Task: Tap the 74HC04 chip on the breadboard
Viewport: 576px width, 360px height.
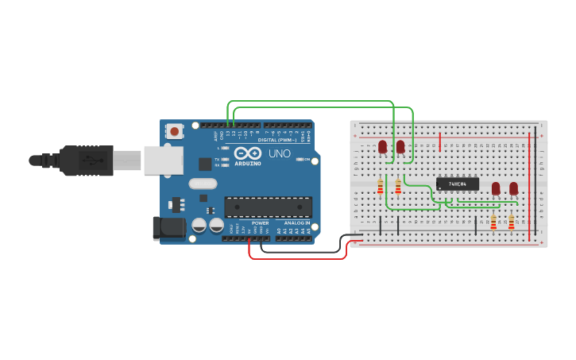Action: [x=458, y=184]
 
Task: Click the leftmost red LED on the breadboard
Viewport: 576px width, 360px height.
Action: [x=382, y=146]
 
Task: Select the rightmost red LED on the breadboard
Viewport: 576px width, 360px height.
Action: [x=513, y=188]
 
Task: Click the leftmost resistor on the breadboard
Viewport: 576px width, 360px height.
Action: [x=380, y=188]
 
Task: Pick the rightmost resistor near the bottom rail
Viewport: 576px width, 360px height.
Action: [x=511, y=223]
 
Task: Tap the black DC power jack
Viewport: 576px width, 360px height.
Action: [x=168, y=228]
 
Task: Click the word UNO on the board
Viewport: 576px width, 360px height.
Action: [x=279, y=153]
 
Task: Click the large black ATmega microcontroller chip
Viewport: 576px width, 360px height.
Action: [x=268, y=207]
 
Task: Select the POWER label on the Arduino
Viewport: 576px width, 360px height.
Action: [x=261, y=223]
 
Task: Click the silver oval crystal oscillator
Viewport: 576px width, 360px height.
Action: [x=203, y=184]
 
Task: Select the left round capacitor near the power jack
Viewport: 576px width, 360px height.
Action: [x=199, y=226]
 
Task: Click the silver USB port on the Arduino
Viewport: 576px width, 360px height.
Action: [x=163, y=160]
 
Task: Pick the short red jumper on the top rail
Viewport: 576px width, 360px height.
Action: [x=439, y=142]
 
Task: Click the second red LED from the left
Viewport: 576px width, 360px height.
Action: [x=400, y=146]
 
